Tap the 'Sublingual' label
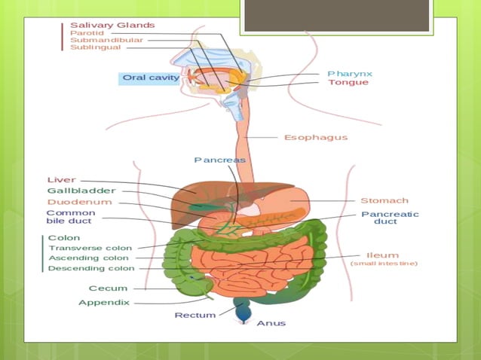pyautogui.click(x=95, y=47)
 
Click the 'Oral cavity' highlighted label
pyautogui.click(x=151, y=78)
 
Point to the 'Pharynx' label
pyautogui.click(x=350, y=73)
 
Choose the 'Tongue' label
pyautogui.click(x=348, y=82)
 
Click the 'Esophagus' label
pyautogui.click(x=315, y=138)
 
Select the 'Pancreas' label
pyautogui.click(x=219, y=160)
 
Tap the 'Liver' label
pyautogui.click(x=61, y=180)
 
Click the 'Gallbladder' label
pyautogui.click(x=81, y=191)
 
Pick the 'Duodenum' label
pyautogui.click(x=79, y=202)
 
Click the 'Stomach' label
pyautogui.click(x=384, y=200)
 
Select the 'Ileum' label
pyautogui.click(x=383, y=255)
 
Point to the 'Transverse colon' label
pyautogui.click(x=90, y=248)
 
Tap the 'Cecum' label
pyautogui.click(x=107, y=288)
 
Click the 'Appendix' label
pyautogui.click(x=104, y=302)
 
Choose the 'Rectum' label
pyautogui.click(x=195, y=315)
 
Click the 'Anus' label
pyautogui.click(x=271, y=323)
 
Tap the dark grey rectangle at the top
pyautogui.click(x=336, y=15)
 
